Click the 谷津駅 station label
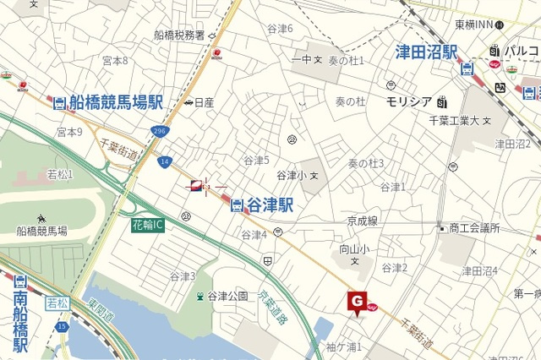tap(270, 205)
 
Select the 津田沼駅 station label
tap(427, 52)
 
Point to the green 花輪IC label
tap(148, 226)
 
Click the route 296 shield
tap(160, 131)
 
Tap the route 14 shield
tap(164, 161)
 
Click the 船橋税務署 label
tap(179, 35)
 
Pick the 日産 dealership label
tap(204, 103)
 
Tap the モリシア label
tap(409, 101)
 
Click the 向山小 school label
tap(355, 249)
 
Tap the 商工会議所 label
tap(474, 228)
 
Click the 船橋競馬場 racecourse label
tap(41, 230)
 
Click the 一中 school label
tap(302, 60)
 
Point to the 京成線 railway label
tap(362, 220)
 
